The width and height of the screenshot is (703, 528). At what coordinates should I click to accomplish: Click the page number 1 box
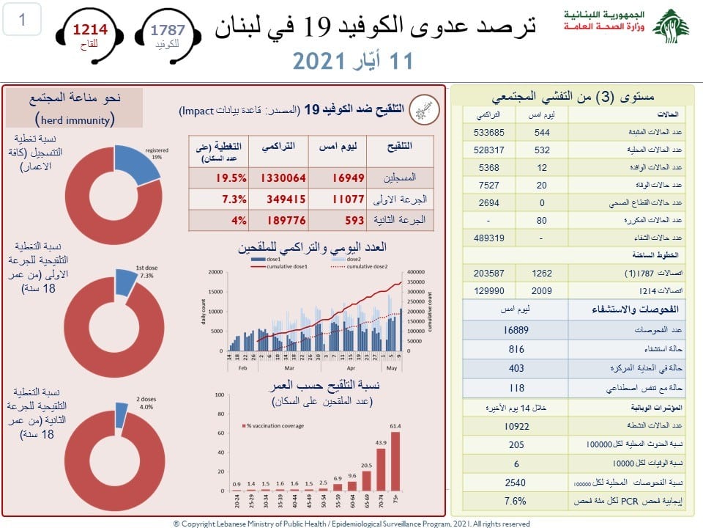(22, 21)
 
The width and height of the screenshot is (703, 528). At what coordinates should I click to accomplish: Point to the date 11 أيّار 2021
(352, 59)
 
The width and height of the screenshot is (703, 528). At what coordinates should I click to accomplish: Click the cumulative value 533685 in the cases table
(490, 133)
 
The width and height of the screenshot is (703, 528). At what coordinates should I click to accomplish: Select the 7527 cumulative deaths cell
(490, 186)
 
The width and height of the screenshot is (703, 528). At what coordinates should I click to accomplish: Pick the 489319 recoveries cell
(490, 238)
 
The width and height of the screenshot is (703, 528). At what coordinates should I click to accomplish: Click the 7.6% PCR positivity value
(516, 502)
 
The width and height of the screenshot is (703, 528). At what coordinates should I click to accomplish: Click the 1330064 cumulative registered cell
(279, 178)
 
